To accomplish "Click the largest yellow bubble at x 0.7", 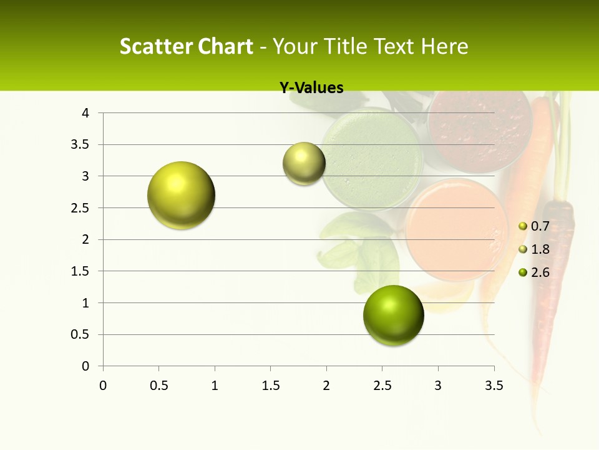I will click(182, 195).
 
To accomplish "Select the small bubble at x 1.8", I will click(304, 164).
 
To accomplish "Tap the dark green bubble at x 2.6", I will click(393, 315).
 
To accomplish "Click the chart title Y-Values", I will click(311, 88).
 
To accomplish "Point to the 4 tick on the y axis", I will click(86, 113).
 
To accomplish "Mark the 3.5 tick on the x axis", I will click(494, 385).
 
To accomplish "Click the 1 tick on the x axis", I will click(215, 385).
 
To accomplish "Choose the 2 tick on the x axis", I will click(326, 385).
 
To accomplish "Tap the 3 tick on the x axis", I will click(438, 385).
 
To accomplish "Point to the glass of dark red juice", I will click(479, 128).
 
